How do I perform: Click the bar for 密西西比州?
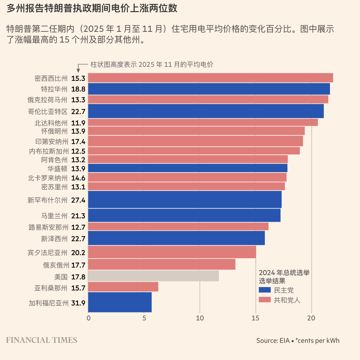click(x=210, y=78)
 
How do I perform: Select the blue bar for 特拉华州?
click(x=209, y=89)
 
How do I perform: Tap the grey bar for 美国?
click(x=153, y=276)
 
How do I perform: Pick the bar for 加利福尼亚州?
click(x=120, y=302)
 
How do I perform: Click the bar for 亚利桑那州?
click(x=123, y=287)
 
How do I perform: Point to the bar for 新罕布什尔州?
click(x=185, y=199)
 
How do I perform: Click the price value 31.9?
click(x=78, y=303)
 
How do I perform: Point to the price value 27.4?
click(x=78, y=200)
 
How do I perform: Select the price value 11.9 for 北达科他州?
click(x=78, y=123)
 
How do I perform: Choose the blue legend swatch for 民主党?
click(x=265, y=290)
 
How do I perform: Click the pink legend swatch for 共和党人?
click(x=265, y=300)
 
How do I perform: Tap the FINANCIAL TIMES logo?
click(x=41, y=340)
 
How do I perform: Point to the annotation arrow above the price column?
click(x=79, y=68)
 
